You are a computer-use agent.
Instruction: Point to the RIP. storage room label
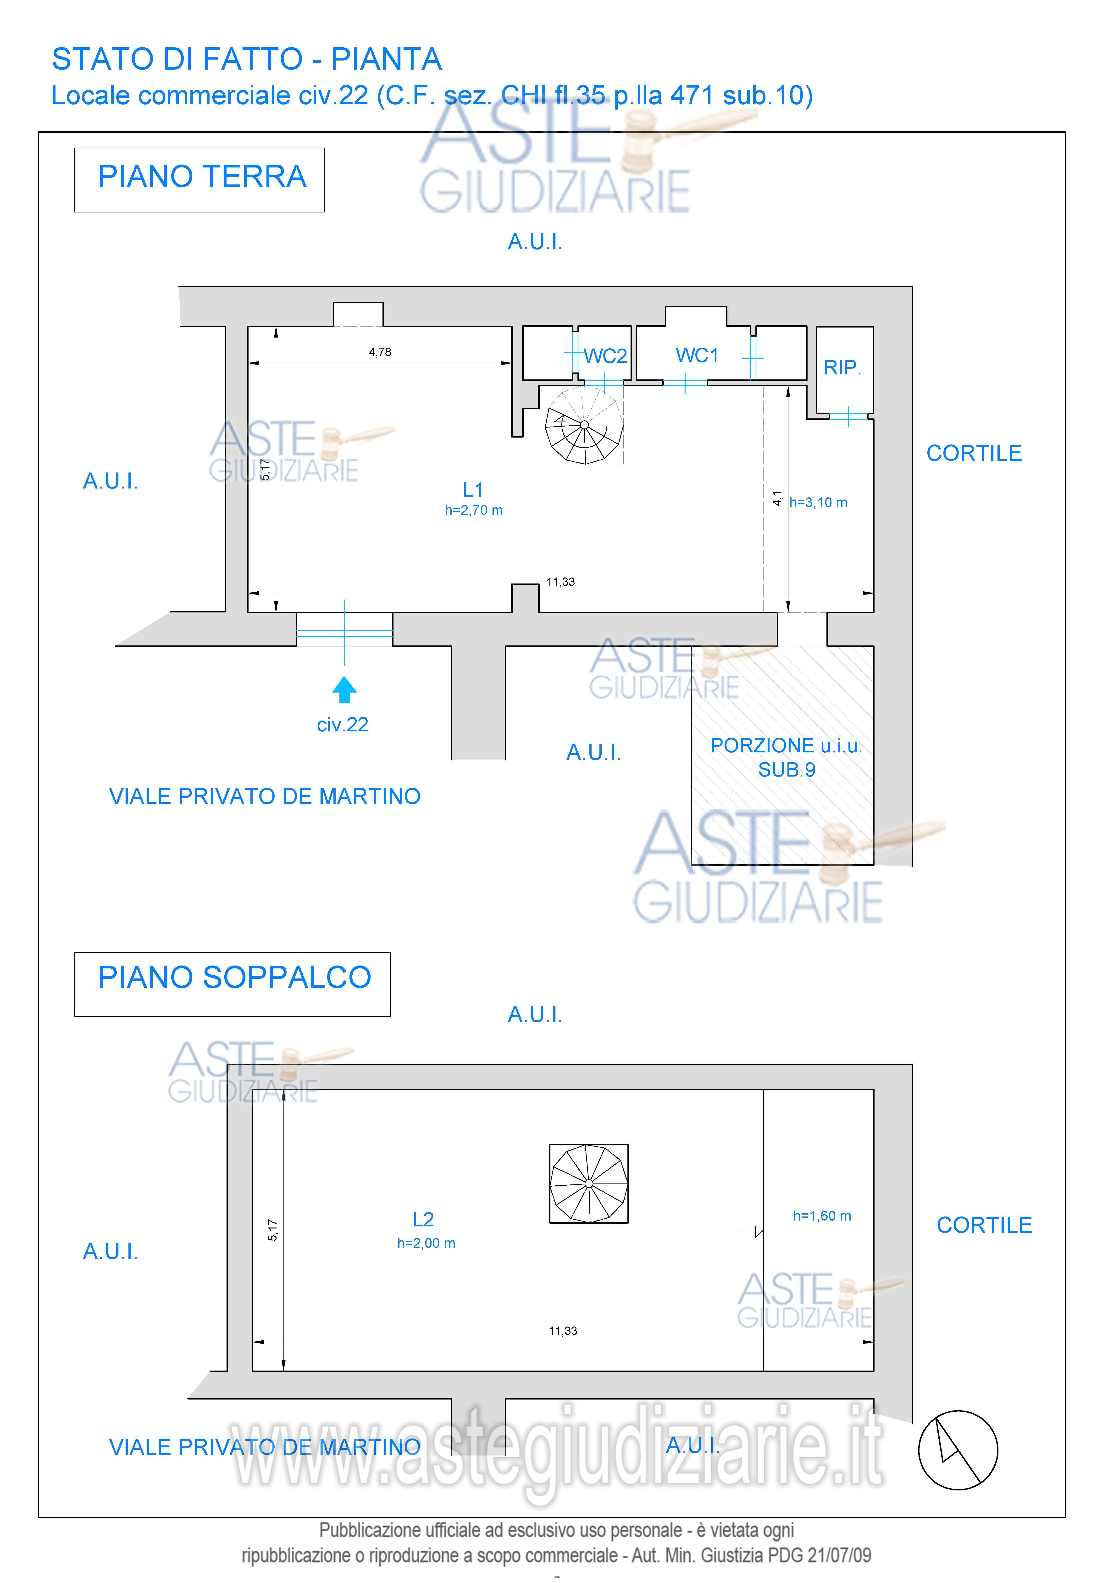pos(842,367)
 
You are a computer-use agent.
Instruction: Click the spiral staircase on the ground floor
pos(584,425)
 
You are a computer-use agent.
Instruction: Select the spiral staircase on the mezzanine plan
pos(589,1184)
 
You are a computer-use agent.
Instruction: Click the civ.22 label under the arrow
pos(343,725)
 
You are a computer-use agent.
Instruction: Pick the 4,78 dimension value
pos(380,352)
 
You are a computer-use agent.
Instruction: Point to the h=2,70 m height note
pos(474,510)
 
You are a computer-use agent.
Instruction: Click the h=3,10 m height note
pos(818,503)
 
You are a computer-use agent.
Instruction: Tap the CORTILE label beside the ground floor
pos(974,453)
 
